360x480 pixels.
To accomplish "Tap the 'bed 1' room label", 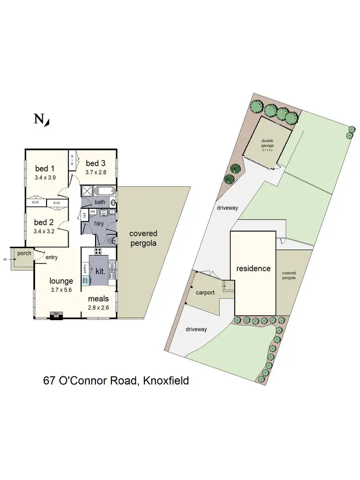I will (x=45, y=168).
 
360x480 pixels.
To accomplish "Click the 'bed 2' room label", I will (x=44, y=222).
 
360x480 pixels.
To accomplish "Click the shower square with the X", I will (x=87, y=191).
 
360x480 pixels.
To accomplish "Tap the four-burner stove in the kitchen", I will (x=98, y=252).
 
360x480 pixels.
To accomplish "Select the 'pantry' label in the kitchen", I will (x=84, y=267).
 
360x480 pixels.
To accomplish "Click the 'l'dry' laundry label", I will (x=99, y=224).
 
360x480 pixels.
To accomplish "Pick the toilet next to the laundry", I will (x=111, y=240).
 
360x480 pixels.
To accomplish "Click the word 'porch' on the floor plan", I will (x=24, y=253).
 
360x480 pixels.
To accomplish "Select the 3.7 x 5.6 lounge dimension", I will (x=61, y=289).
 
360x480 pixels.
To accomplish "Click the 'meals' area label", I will (x=98, y=299).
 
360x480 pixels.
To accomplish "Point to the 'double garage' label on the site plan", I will (x=267, y=143).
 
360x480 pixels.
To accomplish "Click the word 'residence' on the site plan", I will (x=252, y=268).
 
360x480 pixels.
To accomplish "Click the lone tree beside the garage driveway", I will (x=236, y=168).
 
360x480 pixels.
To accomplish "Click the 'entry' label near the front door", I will (x=51, y=257).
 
